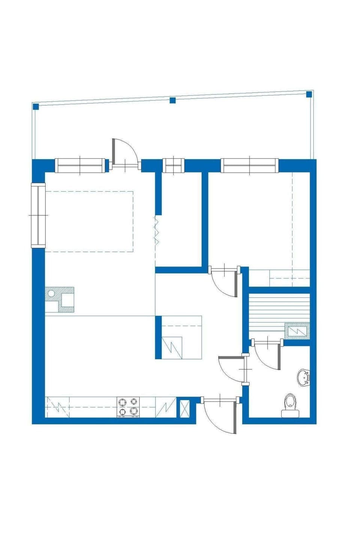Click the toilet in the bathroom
point(290,405)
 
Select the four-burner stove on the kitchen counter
point(128,407)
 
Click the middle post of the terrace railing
point(173,100)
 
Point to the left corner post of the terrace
point(36,106)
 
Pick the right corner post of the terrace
point(309,94)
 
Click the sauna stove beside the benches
point(296,331)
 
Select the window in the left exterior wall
point(38,215)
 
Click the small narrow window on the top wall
point(174,165)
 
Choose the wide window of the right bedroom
point(250,165)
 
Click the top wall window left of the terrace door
point(80,165)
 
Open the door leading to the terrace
point(125,152)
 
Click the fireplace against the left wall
point(60,300)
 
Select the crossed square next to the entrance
point(184,409)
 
